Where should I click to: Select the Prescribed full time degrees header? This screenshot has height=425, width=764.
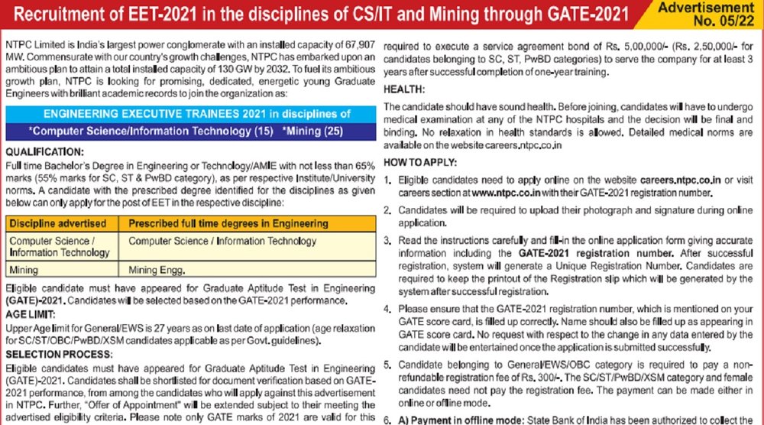coord(228,224)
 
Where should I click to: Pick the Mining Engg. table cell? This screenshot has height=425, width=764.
coord(155,270)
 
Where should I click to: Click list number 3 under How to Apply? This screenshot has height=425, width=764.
coord(387,239)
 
